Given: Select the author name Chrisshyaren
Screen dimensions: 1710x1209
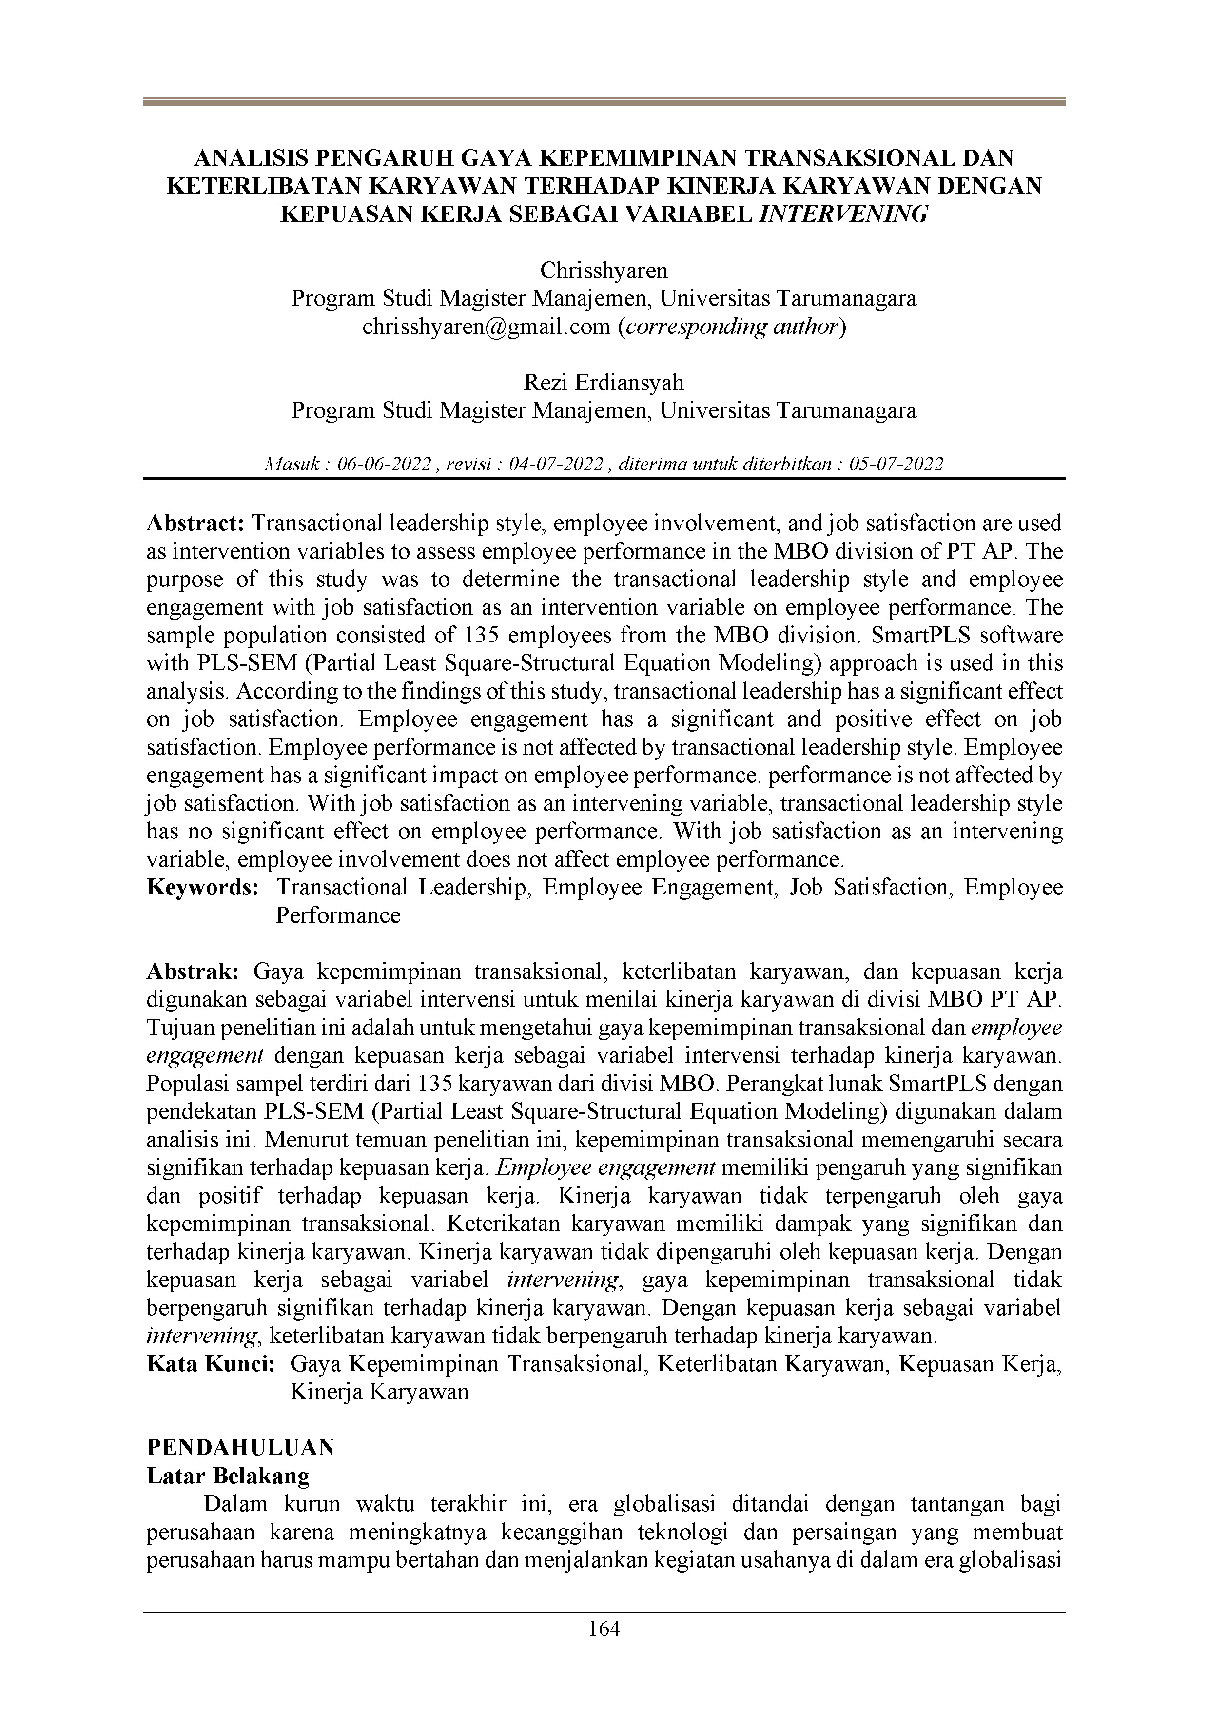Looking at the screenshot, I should click(604, 270).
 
